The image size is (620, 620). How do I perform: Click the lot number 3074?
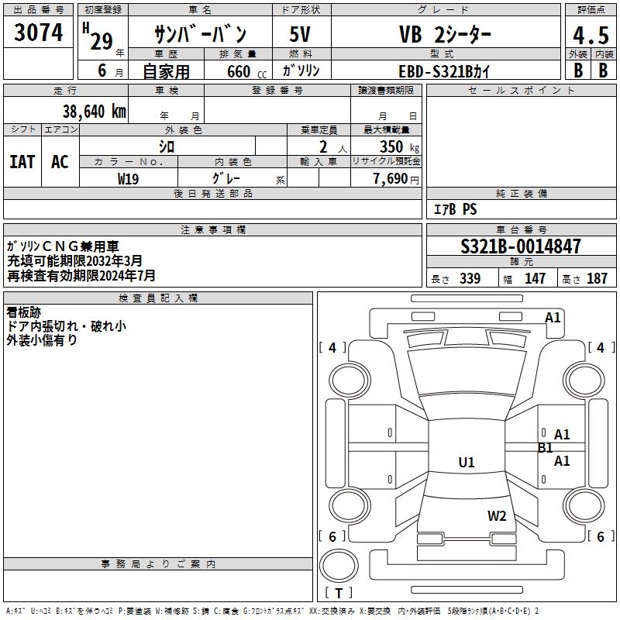click(x=38, y=33)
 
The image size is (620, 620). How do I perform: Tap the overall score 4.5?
click(x=590, y=36)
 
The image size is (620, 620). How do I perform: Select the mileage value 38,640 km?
click(x=95, y=111)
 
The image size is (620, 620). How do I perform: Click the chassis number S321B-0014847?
click(x=520, y=246)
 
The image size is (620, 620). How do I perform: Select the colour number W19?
click(x=129, y=177)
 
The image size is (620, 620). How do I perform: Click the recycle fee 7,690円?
click(x=395, y=178)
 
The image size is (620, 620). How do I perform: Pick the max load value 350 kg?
click(x=394, y=146)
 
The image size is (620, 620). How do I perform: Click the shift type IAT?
click(x=22, y=162)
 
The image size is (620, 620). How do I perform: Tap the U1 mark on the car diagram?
click(x=466, y=462)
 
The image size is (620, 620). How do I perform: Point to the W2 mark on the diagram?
click(x=497, y=516)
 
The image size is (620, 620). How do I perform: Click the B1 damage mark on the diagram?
click(x=545, y=447)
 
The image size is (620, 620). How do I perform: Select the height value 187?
click(x=598, y=279)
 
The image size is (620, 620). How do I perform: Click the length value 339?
click(x=470, y=279)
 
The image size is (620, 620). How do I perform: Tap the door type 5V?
click(x=301, y=34)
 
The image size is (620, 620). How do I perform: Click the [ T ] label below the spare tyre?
click(x=339, y=593)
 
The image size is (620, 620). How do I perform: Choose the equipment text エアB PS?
click(x=455, y=209)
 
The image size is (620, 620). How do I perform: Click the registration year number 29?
click(x=102, y=42)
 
